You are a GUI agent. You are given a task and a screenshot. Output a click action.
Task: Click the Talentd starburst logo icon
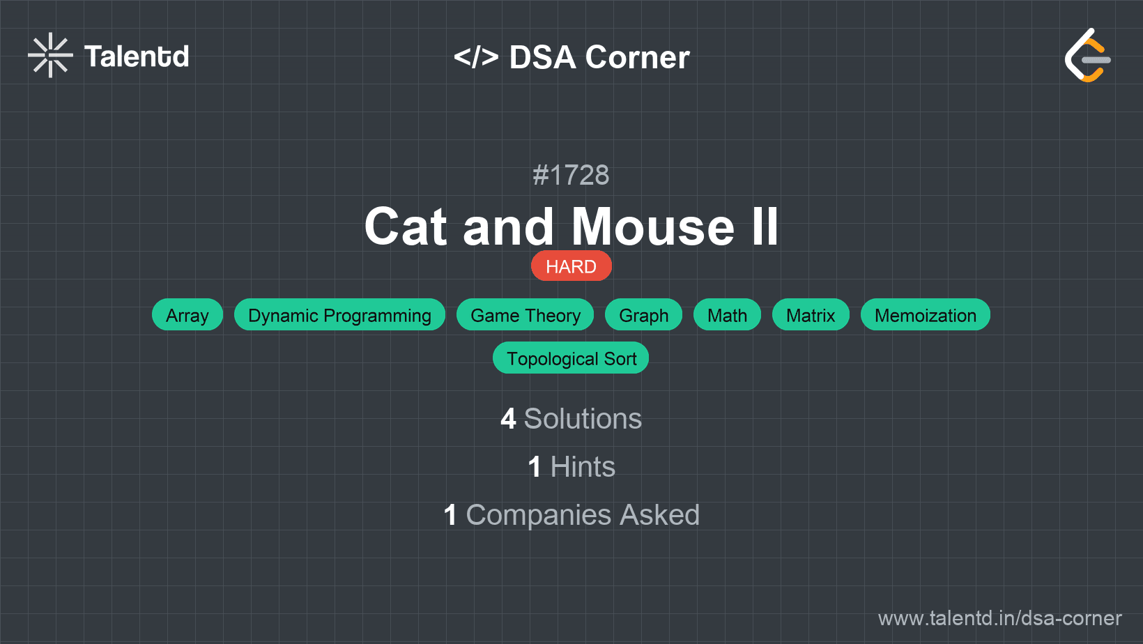pos(50,55)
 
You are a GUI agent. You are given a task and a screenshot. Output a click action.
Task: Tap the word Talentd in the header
pos(137,56)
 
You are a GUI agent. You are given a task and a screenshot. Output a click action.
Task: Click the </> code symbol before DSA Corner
pos(476,57)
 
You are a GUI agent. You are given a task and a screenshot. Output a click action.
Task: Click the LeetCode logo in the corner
pos(1087,55)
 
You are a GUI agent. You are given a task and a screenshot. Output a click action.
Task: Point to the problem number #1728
pos(571,175)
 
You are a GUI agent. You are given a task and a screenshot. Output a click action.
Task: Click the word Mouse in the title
pos(653,227)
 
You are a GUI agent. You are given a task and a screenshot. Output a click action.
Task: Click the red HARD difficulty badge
pos(571,266)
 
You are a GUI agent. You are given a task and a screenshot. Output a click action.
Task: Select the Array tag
pos(187,315)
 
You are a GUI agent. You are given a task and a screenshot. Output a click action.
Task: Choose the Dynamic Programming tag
pos(340,315)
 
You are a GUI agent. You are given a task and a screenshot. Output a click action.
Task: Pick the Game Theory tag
pos(525,315)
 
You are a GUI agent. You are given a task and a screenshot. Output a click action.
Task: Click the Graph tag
pos(643,315)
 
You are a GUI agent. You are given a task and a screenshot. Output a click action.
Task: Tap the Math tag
pos(727,315)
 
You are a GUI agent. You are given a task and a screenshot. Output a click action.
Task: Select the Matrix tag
pos(811,315)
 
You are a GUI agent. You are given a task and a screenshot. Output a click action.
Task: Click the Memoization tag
pos(926,315)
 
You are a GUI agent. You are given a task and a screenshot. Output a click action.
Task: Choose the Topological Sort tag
pos(571,358)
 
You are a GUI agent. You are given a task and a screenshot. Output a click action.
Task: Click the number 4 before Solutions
pos(508,419)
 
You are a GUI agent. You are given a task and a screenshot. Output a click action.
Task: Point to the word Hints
pos(583,467)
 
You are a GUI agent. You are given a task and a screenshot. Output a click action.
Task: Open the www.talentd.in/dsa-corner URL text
pos(999,618)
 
